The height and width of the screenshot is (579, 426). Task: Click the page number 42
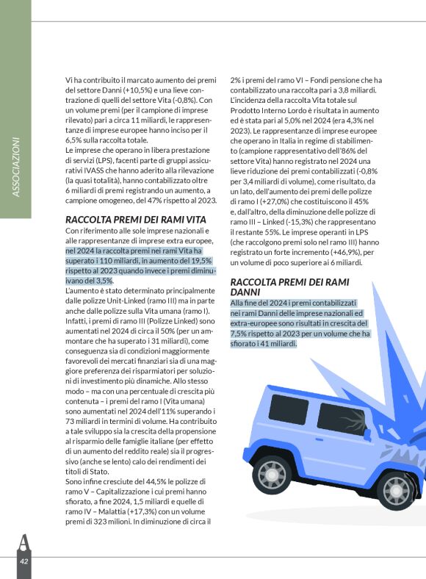click(x=24, y=561)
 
